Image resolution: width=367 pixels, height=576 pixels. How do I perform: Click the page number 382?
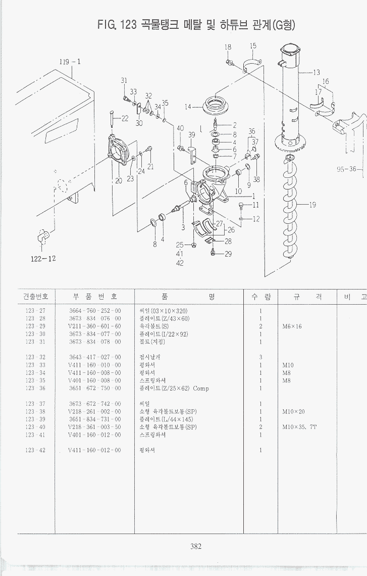tap(196, 546)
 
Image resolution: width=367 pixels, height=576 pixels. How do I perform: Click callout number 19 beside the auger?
tap(312, 205)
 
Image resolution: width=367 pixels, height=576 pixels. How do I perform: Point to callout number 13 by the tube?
tap(317, 72)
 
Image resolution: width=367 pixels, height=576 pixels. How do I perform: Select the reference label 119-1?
tap(70, 62)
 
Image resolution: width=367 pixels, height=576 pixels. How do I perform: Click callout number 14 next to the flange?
tap(188, 107)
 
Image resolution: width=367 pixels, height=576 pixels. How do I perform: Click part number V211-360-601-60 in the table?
tap(95, 326)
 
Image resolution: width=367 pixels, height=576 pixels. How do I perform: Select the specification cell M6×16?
tap(292, 326)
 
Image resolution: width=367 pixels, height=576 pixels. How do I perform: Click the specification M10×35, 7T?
tap(299, 427)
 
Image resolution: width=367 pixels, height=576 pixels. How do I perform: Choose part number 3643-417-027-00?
tap(95, 357)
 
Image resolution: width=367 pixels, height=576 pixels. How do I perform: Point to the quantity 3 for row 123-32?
tap(260, 357)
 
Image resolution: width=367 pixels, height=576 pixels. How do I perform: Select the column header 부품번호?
tap(95, 297)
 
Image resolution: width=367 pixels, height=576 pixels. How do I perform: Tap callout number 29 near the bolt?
tap(228, 254)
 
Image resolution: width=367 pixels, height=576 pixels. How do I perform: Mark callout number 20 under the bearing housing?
tap(118, 181)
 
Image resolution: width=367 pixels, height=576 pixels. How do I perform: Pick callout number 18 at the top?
tap(228, 47)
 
